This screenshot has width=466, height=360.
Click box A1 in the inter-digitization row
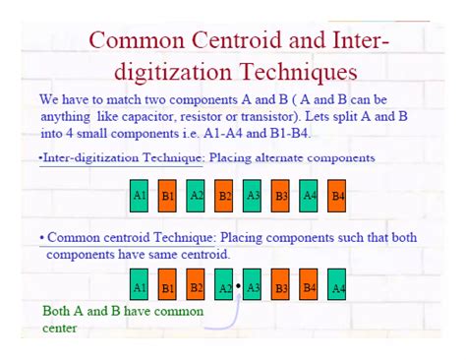coord(140,196)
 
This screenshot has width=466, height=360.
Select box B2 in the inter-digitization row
coord(224,196)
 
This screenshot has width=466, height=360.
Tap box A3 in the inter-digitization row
coord(253,196)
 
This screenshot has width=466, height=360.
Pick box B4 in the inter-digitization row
coord(337,196)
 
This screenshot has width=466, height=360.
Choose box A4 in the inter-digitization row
coord(310,196)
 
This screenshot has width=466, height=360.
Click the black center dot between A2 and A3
coord(239,286)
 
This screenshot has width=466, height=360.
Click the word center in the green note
coord(60,328)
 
